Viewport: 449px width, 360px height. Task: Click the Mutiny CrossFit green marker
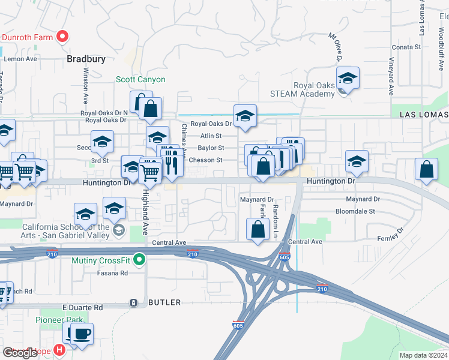click(x=140, y=260)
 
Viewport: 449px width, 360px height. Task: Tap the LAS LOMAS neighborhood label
click(x=424, y=114)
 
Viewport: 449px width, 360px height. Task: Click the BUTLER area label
click(x=164, y=302)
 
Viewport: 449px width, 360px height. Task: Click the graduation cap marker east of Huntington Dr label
click(x=357, y=161)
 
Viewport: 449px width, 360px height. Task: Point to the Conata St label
click(x=406, y=47)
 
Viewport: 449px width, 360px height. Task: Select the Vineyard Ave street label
click(x=391, y=76)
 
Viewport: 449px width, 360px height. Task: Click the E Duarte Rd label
click(x=83, y=307)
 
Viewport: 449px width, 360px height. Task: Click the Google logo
click(x=20, y=353)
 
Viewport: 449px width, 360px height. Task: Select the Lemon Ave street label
click(x=20, y=59)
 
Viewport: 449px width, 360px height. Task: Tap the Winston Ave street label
click(x=85, y=84)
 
